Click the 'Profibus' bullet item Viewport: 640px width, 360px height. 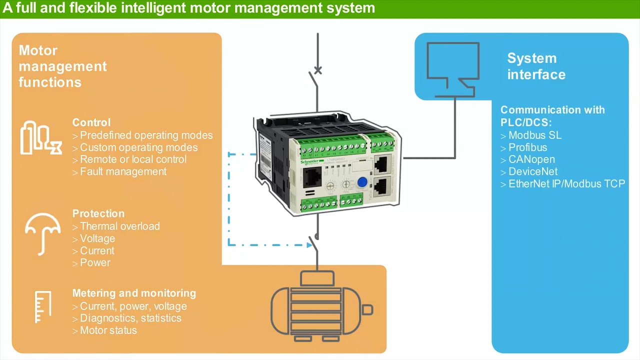pos(527,147)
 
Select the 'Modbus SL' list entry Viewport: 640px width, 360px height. pos(534,135)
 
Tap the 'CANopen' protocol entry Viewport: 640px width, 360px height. pos(531,159)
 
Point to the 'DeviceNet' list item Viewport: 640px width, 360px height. pos(532,171)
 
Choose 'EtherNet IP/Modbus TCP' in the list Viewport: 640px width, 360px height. pos(566,184)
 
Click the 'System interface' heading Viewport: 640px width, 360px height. pos(536,66)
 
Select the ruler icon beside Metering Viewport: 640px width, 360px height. pos(43,306)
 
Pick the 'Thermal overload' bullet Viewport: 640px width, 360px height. pos(119,226)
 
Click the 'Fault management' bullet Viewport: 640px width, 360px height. pos(123,171)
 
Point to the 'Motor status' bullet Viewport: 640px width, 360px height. pos(108,330)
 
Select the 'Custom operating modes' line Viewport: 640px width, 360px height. pos(138,147)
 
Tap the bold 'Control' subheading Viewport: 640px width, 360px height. pos(91,122)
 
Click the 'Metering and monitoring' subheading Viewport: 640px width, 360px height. pos(134,293)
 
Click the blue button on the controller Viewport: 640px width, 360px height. pos(362,183)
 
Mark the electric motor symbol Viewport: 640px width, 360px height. pos(321,306)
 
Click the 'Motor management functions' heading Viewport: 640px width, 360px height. pos(62,66)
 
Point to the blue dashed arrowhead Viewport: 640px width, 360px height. pos(310,244)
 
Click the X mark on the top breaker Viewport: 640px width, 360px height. pos(318,70)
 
